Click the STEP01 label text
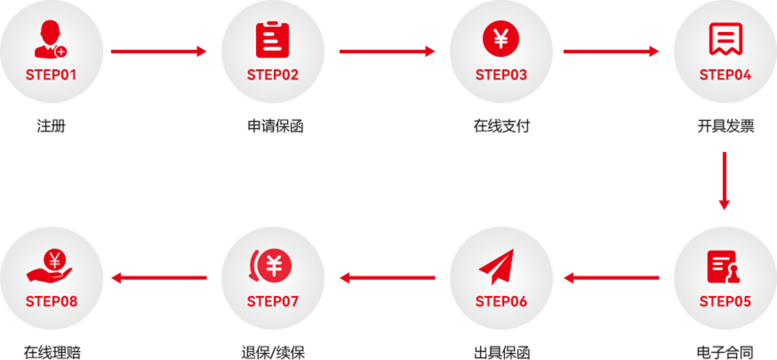pos(52,75)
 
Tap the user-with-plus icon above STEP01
pos(51,40)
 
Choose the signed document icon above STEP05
pos(725,267)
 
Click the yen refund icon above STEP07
pos(272,266)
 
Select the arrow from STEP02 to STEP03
pos(388,52)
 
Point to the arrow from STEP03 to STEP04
pos(612,52)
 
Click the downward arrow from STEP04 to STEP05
pos(725,180)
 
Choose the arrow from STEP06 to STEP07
pos(388,278)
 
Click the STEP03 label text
pos(501,75)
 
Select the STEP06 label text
pos(501,301)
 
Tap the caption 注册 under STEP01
pos(52,125)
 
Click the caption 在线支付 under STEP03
pos(501,125)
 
